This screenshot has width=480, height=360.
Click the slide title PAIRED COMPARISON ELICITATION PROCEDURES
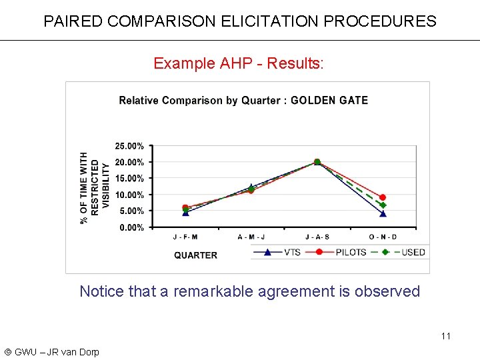[x=240, y=21]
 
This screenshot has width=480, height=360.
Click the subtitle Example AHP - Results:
[x=239, y=63]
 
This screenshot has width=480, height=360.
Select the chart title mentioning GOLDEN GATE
[x=243, y=101]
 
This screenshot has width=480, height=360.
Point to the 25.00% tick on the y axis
[x=129, y=146]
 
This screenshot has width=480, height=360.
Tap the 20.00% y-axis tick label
[x=129, y=162]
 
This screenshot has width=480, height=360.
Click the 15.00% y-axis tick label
[x=129, y=179]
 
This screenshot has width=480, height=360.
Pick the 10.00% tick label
[x=129, y=195]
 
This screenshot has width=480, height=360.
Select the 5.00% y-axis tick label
[x=131, y=211]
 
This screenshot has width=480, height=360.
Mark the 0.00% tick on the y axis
[x=131, y=227]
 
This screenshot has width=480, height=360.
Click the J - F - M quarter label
[x=185, y=237]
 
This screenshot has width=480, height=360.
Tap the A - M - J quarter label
[x=251, y=237]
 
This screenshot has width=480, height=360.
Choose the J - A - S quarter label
[x=317, y=237]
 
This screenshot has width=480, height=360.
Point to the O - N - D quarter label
[x=383, y=237]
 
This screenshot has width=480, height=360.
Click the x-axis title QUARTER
[x=195, y=255]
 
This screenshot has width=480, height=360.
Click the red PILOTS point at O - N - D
[x=383, y=197]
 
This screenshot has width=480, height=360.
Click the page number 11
[x=446, y=335]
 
